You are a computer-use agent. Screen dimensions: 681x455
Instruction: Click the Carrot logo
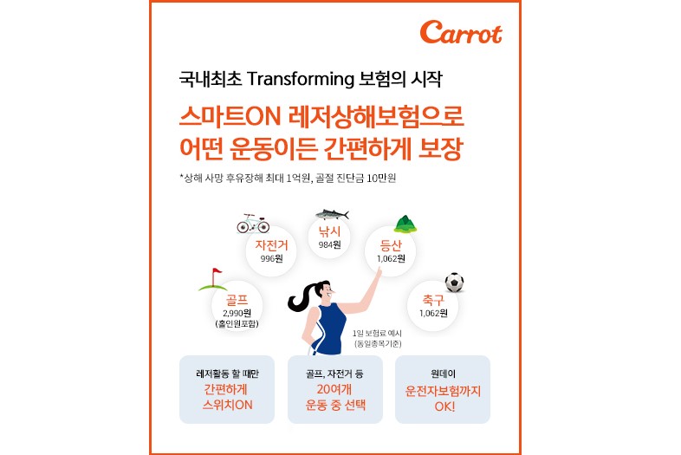coord(461,32)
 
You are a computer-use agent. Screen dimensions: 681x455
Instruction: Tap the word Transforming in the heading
coord(301,79)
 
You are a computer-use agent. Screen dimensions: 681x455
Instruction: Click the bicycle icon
coord(253,224)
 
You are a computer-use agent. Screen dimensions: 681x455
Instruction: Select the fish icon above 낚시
coord(332,214)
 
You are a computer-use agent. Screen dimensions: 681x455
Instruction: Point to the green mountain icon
coord(405,224)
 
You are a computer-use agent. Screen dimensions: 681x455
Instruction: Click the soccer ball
coord(454,283)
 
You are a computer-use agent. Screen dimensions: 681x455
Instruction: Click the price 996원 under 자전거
coord(271,258)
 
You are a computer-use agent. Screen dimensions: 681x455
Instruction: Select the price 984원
coord(329,244)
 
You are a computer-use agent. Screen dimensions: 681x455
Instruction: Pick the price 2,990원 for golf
coord(237,313)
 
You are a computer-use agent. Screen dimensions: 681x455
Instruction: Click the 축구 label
coord(433,300)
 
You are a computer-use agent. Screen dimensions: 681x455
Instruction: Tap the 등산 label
coord(391,246)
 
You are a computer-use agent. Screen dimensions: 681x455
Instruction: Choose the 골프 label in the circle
coord(237,300)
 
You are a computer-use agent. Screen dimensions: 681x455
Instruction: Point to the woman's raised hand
coord(378,272)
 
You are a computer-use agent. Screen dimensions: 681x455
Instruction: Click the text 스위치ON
coord(227,405)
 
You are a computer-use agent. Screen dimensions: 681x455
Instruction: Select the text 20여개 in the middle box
coord(334,389)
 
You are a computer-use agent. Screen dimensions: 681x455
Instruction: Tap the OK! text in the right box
coord(444,406)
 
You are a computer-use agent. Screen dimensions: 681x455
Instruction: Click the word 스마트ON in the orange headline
coord(230,117)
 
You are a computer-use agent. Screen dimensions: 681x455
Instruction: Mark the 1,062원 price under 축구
coord(433,313)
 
